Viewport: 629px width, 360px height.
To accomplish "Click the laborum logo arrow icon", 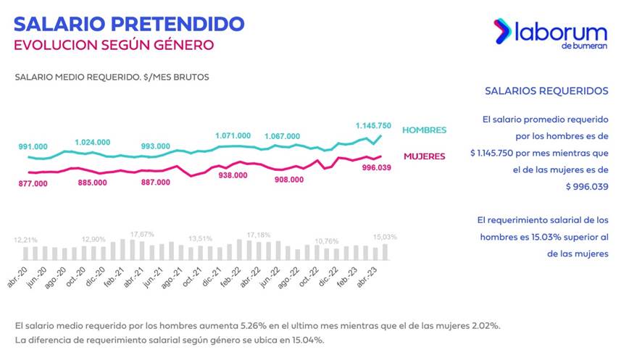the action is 502,31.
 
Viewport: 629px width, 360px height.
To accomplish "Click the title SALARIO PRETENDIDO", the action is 129,24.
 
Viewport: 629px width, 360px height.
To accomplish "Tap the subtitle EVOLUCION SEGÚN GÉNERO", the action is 114,45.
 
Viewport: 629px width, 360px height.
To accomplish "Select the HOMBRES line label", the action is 424,130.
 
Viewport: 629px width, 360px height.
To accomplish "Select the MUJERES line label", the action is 425,156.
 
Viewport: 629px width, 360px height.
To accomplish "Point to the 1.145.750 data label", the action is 373,125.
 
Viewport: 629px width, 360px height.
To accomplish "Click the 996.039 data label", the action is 376,167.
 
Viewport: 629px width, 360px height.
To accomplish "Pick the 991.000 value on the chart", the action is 33,147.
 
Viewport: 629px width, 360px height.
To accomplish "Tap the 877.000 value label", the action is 33,183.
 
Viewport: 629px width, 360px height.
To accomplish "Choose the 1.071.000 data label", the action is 233,135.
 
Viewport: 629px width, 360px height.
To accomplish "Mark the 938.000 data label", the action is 233,175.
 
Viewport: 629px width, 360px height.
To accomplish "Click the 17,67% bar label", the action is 142,234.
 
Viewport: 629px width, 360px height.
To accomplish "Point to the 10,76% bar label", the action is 327,241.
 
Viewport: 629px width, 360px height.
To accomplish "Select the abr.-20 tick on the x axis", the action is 17,277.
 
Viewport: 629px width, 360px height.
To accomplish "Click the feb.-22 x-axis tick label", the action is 230,277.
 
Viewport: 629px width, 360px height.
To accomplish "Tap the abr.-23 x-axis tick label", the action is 367,277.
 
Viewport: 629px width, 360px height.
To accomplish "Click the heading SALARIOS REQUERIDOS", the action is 546,91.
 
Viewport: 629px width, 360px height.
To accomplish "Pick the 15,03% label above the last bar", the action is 385,237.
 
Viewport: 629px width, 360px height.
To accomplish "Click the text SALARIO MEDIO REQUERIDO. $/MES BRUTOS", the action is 112,77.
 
